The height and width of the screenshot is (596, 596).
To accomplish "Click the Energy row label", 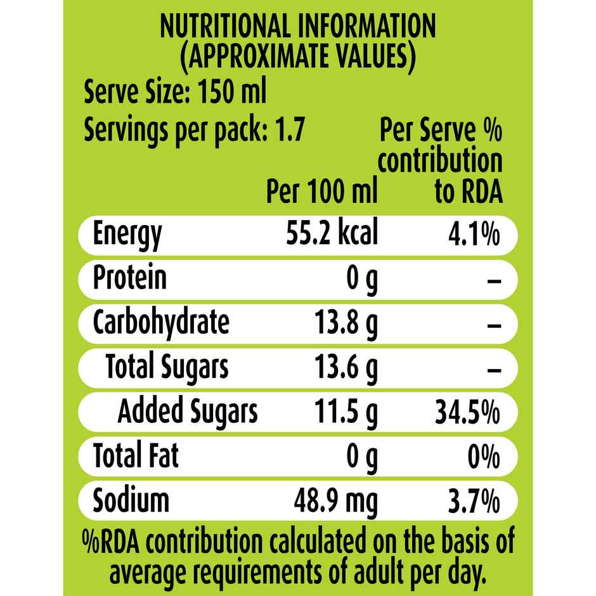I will (x=127, y=235).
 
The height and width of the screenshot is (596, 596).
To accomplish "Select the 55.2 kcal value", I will (x=332, y=233).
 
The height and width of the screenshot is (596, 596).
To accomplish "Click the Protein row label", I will (x=130, y=278).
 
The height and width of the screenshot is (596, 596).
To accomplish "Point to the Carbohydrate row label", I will (x=160, y=322).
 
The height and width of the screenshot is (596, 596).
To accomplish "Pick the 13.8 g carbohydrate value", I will (x=346, y=323).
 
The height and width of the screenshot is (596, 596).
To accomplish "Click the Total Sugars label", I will (x=167, y=367).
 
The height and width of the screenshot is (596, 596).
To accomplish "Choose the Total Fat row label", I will (x=136, y=455).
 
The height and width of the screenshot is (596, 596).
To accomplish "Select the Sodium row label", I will (x=131, y=500).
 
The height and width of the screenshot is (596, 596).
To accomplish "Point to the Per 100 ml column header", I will (x=321, y=190).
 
